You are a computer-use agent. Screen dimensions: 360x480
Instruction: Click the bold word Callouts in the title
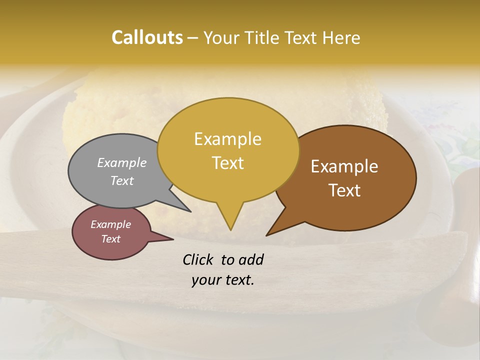click(147, 37)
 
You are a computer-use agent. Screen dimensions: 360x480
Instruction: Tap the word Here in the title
click(342, 37)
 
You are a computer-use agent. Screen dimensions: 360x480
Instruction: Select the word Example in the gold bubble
click(227, 139)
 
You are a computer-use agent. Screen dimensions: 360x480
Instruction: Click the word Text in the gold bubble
click(227, 163)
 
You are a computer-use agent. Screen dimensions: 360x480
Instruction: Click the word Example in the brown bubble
click(344, 166)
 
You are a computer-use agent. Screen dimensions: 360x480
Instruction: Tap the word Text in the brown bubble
click(344, 190)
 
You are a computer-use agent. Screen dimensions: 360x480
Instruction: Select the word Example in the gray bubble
click(122, 162)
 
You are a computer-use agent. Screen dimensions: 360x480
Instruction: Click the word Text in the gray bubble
click(122, 180)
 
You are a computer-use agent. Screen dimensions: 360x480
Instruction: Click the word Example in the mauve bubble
click(110, 224)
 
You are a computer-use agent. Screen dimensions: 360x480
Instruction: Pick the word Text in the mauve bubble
click(110, 239)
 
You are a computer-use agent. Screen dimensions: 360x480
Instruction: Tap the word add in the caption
click(251, 259)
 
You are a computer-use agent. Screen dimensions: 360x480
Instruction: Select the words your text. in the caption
click(222, 280)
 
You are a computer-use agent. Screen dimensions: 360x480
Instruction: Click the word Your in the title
click(221, 37)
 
